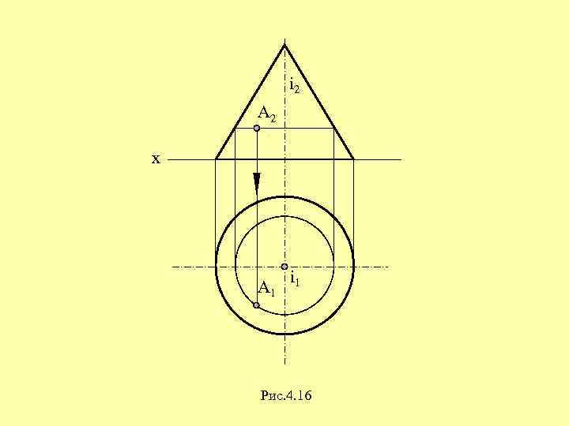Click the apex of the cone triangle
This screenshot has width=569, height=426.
point(284,44)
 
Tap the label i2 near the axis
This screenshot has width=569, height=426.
point(294,85)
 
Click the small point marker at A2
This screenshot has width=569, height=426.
point(257,128)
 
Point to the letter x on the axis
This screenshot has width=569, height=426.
point(156,159)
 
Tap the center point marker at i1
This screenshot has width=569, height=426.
point(284,267)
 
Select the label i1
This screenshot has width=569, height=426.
point(294,279)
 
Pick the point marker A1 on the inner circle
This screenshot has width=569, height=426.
point(257,305)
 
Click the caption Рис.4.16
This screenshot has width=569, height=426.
point(285,394)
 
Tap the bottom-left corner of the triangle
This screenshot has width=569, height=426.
point(216,159)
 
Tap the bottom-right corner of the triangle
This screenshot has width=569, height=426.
point(353,159)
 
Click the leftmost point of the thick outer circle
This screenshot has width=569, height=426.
point(216,266)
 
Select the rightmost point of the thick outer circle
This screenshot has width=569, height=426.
point(353,266)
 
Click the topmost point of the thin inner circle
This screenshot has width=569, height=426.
point(284,217)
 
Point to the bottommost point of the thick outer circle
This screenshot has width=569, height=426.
point(284,334)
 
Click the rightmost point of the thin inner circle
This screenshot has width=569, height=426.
point(333,266)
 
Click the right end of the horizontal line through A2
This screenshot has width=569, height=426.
point(333,128)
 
